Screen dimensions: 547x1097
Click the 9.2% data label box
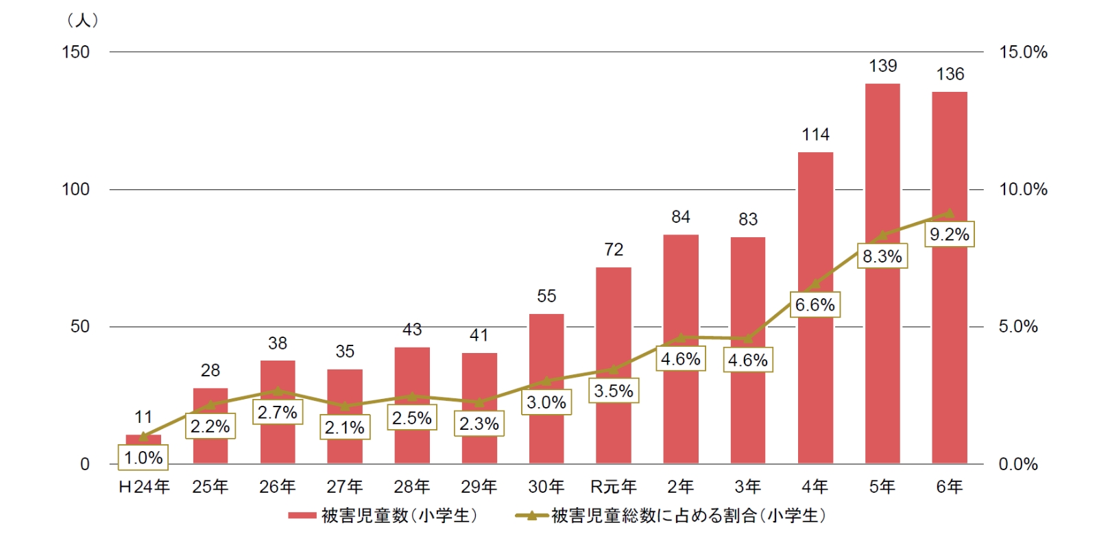[949, 234]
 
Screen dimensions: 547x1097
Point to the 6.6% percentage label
[815, 305]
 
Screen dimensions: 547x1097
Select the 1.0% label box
[143, 457]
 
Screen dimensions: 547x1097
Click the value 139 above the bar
[882, 66]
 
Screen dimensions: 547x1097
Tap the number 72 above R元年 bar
[614, 250]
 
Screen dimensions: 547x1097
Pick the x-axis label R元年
[614, 487]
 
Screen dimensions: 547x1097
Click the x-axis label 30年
[546, 487]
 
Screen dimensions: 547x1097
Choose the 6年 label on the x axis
[950, 487]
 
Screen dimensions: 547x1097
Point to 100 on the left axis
[75, 189]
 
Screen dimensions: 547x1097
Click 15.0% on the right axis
[1023, 52]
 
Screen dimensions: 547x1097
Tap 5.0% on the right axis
[1018, 326]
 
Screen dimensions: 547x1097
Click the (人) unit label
[83, 21]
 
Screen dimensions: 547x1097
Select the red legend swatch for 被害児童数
[302, 515]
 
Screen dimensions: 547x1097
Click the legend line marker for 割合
[531, 515]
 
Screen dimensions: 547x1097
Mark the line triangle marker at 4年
[815, 284]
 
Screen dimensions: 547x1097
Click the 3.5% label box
[614, 391]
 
